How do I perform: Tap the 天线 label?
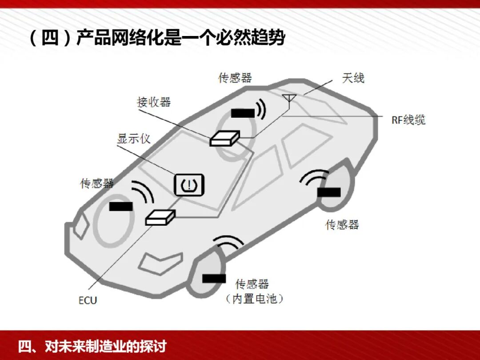point(353,78)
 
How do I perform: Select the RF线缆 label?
point(408,120)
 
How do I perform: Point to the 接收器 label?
point(154,102)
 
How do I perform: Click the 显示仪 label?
point(134,138)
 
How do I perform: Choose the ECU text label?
point(88,300)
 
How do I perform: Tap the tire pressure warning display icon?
point(189,184)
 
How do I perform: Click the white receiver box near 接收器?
point(224,138)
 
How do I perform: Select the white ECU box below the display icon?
point(160,217)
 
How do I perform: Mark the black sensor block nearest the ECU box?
point(121,206)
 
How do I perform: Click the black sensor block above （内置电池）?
point(214,278)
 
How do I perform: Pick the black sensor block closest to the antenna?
point(243,113)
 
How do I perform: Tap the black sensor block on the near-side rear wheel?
point(329,192)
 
